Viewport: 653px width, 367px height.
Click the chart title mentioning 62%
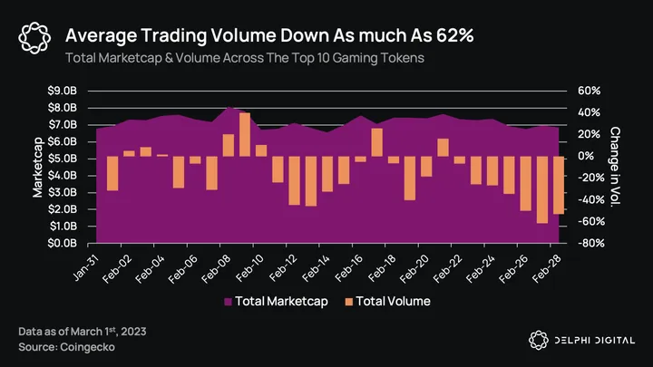pyautogui.click(x=270, y=35)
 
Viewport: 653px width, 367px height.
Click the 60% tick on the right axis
pyautogui.click(x=587, y=92)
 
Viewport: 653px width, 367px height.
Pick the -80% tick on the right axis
pyautogui.click(x=587, y=243)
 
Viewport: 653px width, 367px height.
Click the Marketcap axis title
pyautogui.click(x=38, y=168)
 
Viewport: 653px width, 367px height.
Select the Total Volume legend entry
pyautogui.click(x=386, y=301)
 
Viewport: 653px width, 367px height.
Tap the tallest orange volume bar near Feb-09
pyautogui.click(x=245, y=134)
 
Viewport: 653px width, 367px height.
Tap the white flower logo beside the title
pyautogui.click(x=34, y=37)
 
